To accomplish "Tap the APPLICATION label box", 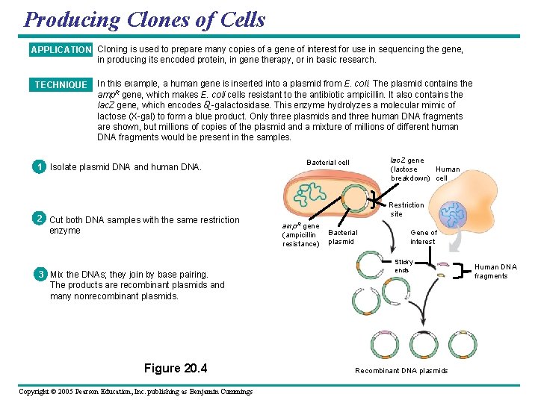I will pos(61,50).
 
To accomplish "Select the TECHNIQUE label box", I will pos(61,85).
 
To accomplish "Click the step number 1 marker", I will pos(38,167).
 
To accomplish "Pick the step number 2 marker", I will pos(38,219).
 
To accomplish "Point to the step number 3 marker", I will pos(38,274).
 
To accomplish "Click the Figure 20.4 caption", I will pos(176,368).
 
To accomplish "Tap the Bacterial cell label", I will pos(328,163).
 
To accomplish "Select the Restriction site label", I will pos(406,209).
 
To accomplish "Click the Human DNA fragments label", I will pos(495,271).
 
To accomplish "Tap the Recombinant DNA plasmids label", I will pos(401,371).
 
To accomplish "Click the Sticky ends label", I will pos(403,266).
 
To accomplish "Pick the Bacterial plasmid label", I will pos(343,237).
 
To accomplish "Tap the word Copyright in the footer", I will pos(40,392).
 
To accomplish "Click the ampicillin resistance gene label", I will pos(300,234).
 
